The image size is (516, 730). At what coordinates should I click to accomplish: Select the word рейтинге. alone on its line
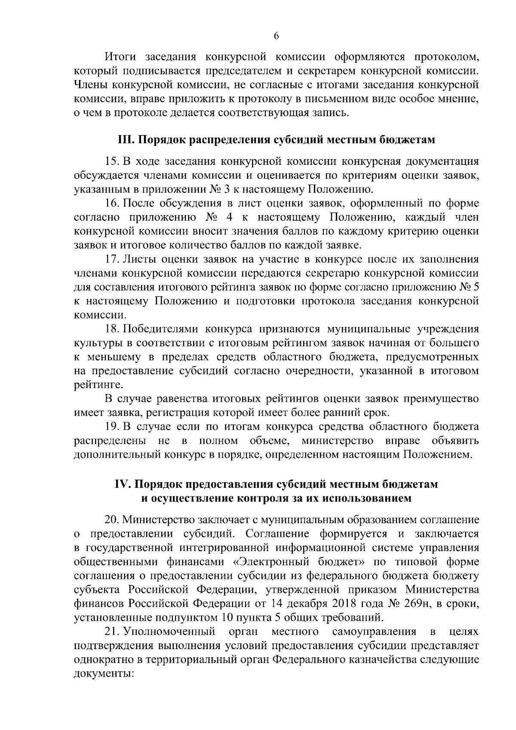coord(95,385)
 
